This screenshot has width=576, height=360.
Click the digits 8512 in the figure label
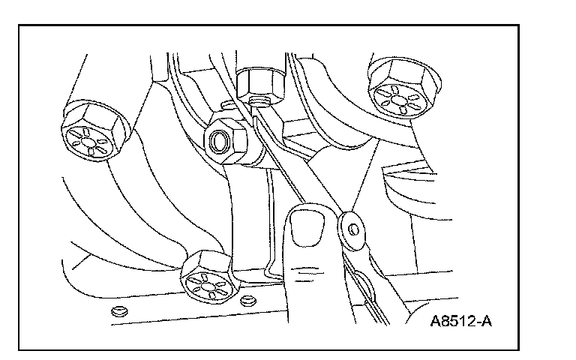[459, 323]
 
